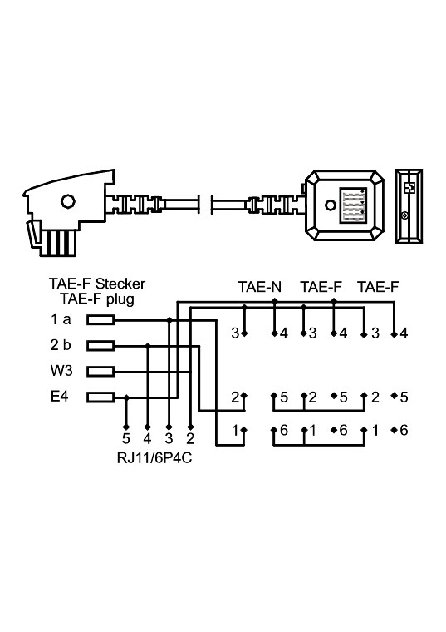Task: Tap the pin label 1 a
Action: [60, 319]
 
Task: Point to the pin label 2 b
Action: [60, 345]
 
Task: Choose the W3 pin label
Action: [60, 371]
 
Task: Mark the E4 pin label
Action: [59, 397]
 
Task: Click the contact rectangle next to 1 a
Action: [100, 319]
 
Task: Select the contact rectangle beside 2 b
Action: [100, 345]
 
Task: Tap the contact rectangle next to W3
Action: [100, 371]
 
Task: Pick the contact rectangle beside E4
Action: [100, 397]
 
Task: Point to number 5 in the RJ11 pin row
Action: [125, 437]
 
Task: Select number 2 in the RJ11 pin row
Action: [191, 437]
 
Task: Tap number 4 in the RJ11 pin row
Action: [147, 437]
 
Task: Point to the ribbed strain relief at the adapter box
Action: [271, 204]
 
